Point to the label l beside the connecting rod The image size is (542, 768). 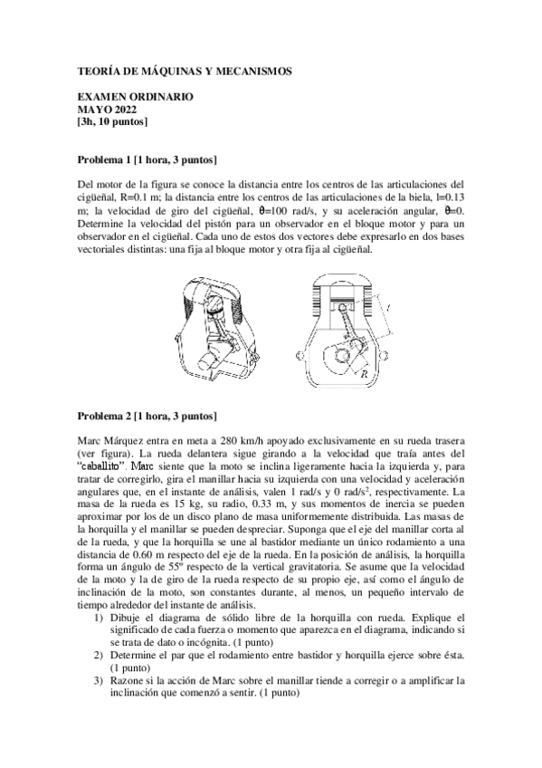(388, 309)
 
